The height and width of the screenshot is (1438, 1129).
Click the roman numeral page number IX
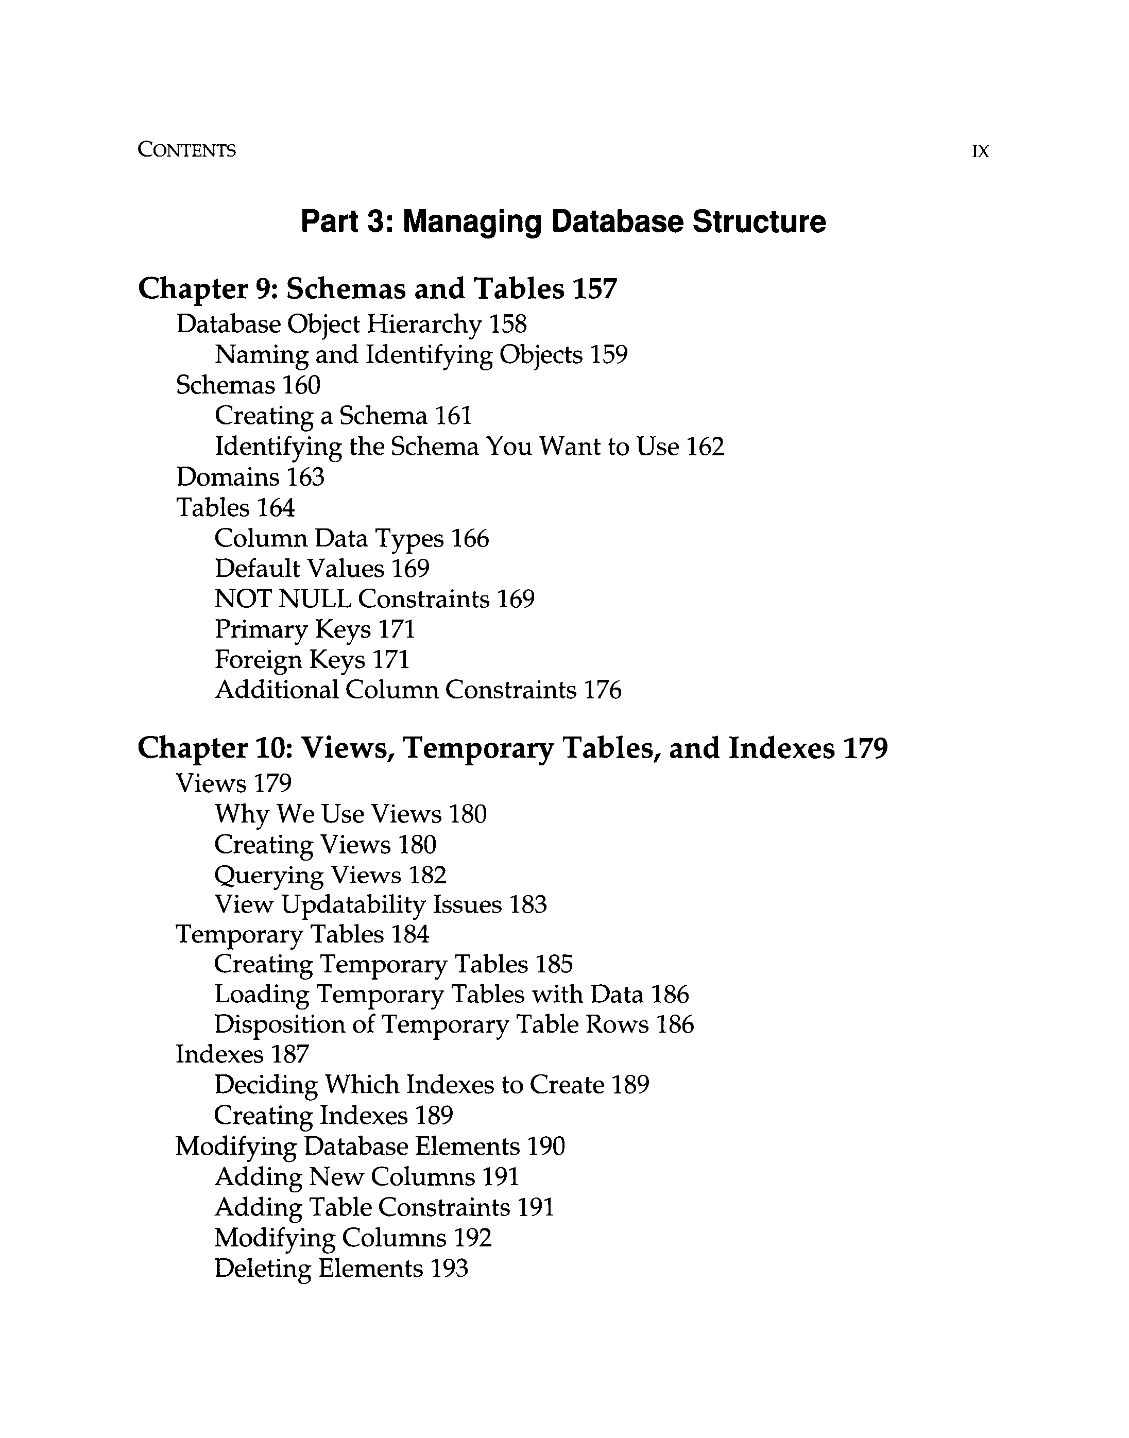tap(980, 152)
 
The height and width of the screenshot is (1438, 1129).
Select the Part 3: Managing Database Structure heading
tap(563, 221)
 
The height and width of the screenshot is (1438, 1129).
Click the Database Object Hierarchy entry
tap(329, 324)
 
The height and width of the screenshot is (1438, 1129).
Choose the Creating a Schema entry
tap(321, 416)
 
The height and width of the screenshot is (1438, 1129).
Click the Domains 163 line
tap(250, 476)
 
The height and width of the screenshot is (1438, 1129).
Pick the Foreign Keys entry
tap(289, 660)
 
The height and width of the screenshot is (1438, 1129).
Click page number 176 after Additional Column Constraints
tap(602, 690)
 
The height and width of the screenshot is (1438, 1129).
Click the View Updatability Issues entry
tap(357, 905)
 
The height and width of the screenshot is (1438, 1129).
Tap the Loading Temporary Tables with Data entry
tap(429, 994)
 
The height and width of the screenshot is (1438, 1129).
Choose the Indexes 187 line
tap(242, 1054)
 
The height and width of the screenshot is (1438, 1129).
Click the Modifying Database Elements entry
tap(348, 1146)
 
